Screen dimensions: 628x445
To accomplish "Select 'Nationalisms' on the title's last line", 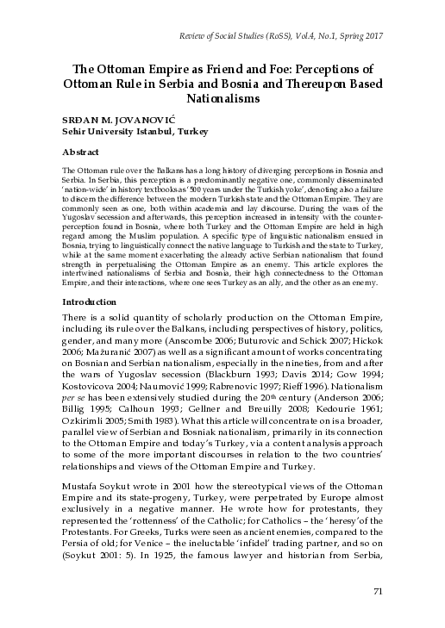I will click(x=222, y=100).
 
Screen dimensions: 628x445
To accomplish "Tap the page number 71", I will click(x=376, y=590).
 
